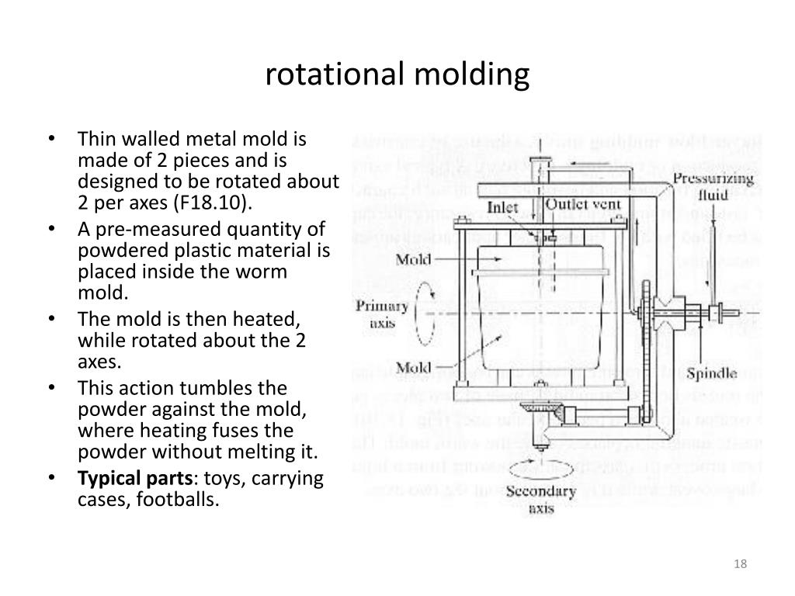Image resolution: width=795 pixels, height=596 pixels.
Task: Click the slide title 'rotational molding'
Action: pyautogui.click(x=397, y=75)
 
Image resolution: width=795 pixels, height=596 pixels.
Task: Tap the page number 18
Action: pyautogui.click(x=740, y=563)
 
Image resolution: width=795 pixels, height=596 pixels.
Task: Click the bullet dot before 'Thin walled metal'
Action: pyautogui.click(x=51, y=140)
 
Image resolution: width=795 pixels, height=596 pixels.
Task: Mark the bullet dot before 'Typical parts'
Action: pyautogui.click(x=51, y=478)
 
